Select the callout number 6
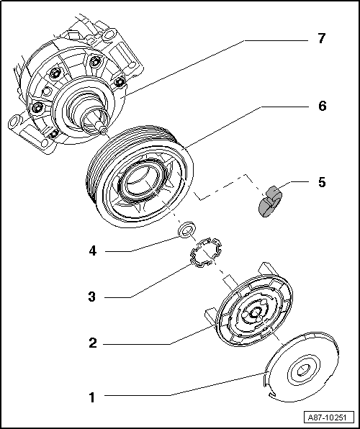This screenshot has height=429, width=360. pyautogui.click(x=321, y=106)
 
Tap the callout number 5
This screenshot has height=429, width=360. pyautogui.click(x=321, y=182)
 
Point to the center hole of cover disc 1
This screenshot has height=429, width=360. pyautogui.click(x=300, y=371)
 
